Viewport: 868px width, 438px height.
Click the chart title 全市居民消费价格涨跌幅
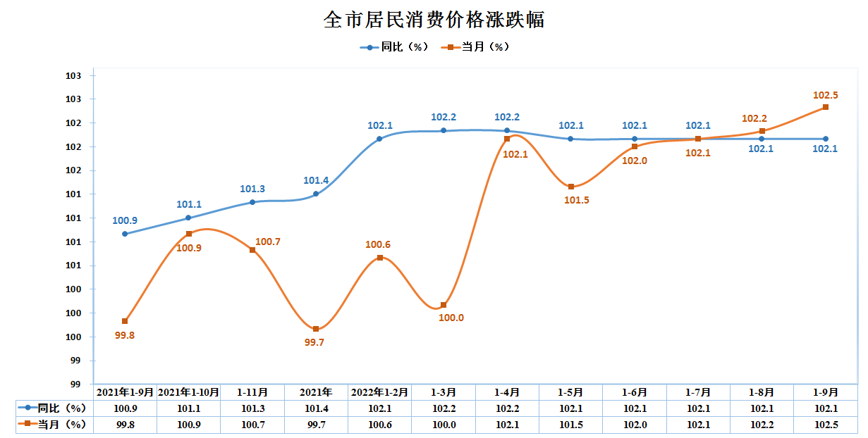coord(434,20)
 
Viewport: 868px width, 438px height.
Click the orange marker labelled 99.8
coord(125,321)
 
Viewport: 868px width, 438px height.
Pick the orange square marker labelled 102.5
coord(826,107)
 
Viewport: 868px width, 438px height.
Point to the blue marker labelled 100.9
coord(125,234)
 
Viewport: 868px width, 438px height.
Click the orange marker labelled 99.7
coord(316,329)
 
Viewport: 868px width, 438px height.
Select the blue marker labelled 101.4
coord(316,194)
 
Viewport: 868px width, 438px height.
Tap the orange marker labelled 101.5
coord(570,187)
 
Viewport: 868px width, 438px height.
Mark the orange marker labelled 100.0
coord(444,305)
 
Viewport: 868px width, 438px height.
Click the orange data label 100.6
coord(378,245)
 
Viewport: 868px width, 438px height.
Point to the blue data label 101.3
coord(252,189)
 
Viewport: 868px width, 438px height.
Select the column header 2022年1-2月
coord(379,392)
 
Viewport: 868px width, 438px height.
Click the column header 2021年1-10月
coord(188,392)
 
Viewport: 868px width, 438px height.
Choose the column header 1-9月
coord(826,392)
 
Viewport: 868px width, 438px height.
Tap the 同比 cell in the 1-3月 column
coord(444,408)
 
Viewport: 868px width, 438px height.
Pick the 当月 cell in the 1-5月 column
coord(570,425)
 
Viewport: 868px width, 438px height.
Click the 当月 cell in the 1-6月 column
coord(634,425)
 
